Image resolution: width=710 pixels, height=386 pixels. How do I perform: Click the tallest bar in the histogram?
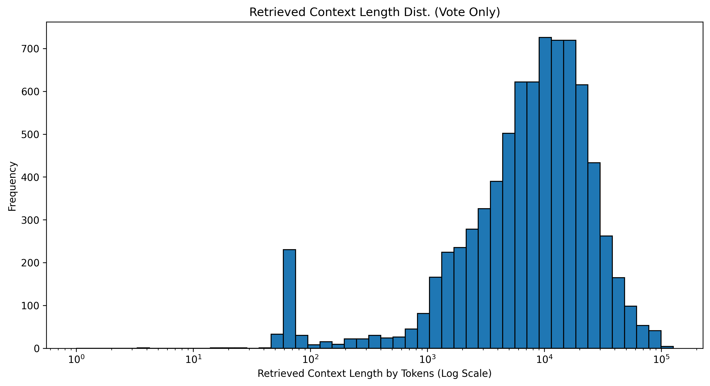click(545, 193)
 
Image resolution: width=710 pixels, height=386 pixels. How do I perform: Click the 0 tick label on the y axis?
click(37, 349)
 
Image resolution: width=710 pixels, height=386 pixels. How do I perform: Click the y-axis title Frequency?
click(12, 186)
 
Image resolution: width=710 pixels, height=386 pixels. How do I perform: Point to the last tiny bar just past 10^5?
click(667, 347)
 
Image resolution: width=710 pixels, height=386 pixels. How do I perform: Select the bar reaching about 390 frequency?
click(496, 265)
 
